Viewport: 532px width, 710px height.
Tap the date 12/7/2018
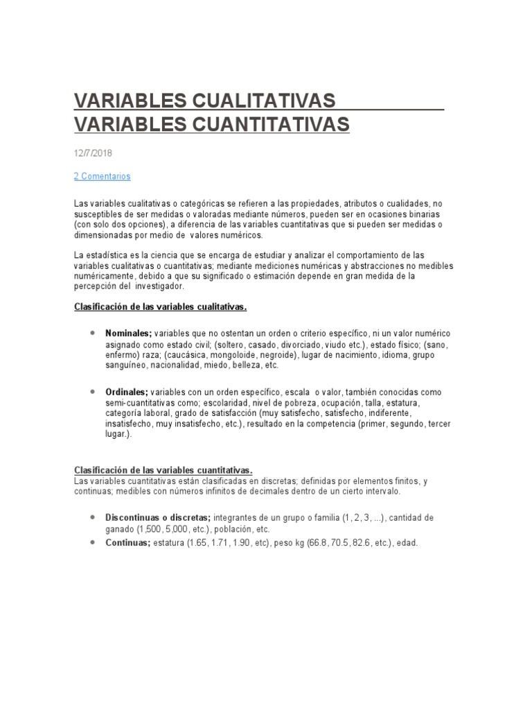[94, 153]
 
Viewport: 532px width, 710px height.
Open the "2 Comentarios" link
[102, 176]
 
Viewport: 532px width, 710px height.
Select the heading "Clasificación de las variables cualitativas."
[160, 306]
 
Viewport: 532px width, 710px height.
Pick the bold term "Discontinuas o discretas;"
[159, 518]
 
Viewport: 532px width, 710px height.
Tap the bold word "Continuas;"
[128, 543]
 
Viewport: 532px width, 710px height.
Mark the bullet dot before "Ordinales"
[92, 392]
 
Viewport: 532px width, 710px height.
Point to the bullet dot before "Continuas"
[92, 542]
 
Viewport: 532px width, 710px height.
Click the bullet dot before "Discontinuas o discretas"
[92, 517]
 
